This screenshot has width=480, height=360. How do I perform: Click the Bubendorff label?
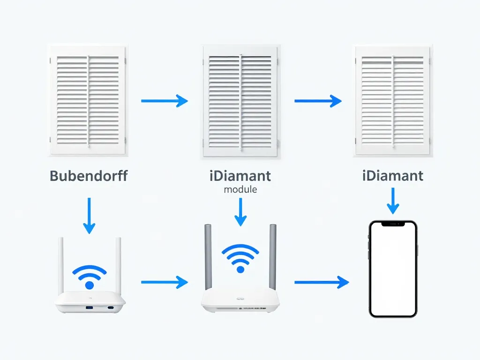click(88, 176)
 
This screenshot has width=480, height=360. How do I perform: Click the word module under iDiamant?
click(240, 189)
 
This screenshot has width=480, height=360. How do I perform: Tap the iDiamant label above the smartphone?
click(392, 176)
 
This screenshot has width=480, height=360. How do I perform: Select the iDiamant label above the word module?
click(240, 176)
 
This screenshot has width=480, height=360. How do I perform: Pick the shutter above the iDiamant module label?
click(240, 101)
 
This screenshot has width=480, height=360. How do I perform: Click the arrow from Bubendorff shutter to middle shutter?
click(164, 100)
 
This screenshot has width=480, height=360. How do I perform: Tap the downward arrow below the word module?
click(240, 212)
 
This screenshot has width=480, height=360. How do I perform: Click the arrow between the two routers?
click(164, 282)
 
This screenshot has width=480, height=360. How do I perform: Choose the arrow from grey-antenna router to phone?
click(322, 282)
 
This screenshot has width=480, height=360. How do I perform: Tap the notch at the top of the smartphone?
click(393, 224)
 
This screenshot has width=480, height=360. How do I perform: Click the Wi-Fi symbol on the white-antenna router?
click(90, 277)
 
